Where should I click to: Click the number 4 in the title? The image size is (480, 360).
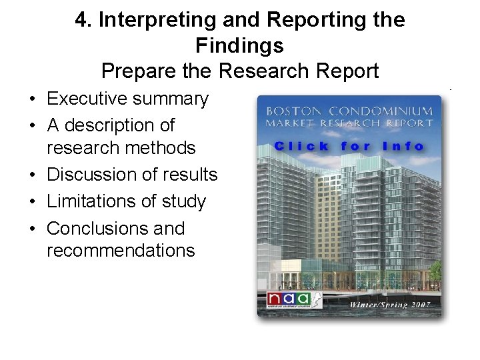[81, 20]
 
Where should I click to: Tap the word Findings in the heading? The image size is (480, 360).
[239, 45]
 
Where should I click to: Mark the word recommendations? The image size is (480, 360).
[121, 251]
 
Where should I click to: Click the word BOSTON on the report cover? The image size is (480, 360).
[295, 111]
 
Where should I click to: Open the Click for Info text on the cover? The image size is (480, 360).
[349, 146]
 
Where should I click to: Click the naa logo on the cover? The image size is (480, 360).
[289, 299]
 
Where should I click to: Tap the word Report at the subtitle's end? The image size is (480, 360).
[347, 71]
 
